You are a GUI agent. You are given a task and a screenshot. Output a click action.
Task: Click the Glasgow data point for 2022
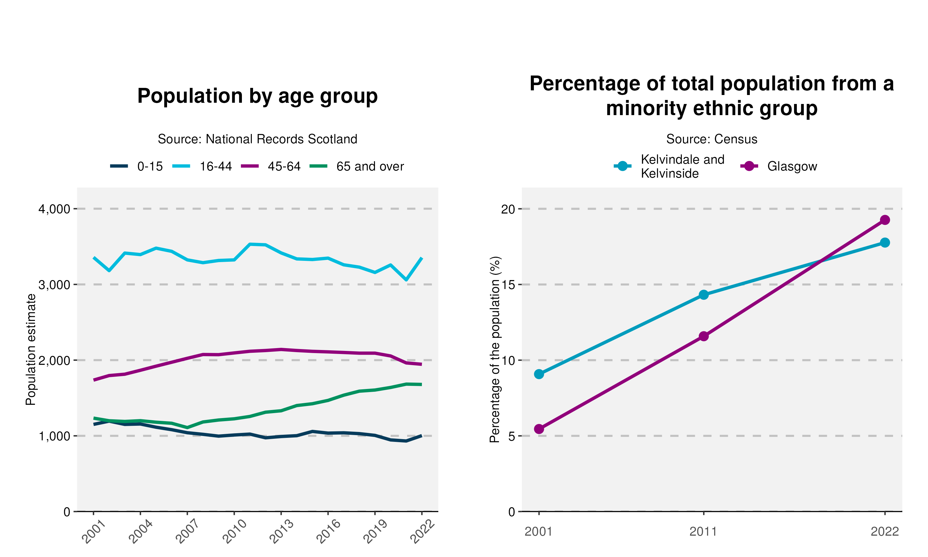[x=884, y=220]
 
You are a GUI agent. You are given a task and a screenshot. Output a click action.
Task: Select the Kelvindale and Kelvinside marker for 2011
[x=704, y=295]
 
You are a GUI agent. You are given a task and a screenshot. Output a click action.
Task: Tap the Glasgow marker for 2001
[x=539, y=429]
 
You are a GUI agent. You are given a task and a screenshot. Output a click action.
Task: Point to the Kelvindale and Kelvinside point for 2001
[x=539, y=374]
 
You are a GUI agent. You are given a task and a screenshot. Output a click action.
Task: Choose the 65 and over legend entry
[x=357, y=166]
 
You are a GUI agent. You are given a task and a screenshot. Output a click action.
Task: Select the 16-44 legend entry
[x=203, y=166]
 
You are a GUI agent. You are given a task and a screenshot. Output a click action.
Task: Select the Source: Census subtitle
[x=711, y=139]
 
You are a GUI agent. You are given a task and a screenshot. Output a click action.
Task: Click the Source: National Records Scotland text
[x=257, y=139]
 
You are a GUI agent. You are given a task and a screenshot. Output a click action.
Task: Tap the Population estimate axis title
[x=31, y=349]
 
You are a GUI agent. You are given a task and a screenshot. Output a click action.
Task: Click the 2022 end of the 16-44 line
[x=422, y=258]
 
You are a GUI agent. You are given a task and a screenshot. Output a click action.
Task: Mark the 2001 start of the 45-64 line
[x=94, y=380]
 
